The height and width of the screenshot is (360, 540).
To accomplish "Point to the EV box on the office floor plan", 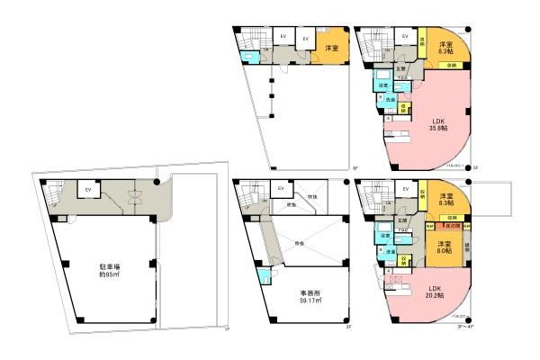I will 281,188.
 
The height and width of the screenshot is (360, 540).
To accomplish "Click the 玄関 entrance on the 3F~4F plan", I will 401,221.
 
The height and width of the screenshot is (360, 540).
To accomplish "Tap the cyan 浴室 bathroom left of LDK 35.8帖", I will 382,86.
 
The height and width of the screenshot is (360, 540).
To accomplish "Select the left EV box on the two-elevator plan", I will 282,36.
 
